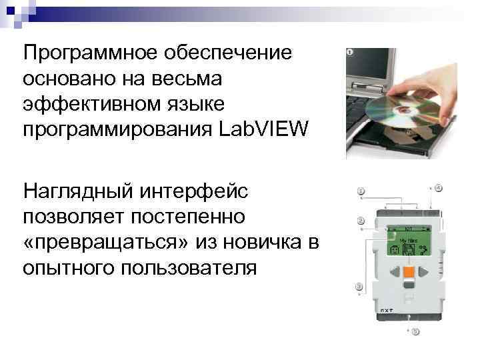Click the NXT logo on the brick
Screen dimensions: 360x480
pyautogui.click(x=386, y=310)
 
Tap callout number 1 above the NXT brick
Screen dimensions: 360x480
pyautogui.click(x=361, y=191)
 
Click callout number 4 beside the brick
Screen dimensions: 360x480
pyautogui.click(x=439, y=187)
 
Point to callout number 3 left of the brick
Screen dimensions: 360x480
pyautogui.click(x=360, y=287)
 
